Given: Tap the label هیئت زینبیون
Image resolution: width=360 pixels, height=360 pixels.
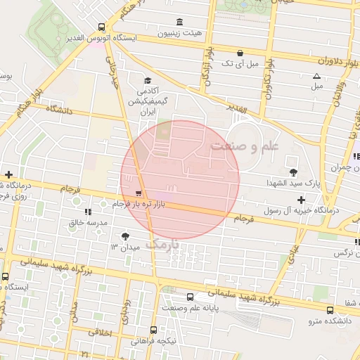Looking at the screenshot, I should pos(179,33).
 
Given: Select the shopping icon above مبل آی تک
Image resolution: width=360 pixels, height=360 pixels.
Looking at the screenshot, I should pos(240,53).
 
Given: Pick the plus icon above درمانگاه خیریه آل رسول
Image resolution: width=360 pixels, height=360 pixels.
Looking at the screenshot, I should pos(301,200).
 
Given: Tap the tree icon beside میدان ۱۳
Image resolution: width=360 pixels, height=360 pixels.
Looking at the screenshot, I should pos(125,236).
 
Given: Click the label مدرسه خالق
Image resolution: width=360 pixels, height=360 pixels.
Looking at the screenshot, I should pos(87,222).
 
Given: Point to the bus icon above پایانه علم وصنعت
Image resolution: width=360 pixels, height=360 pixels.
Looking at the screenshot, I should pos(190,297).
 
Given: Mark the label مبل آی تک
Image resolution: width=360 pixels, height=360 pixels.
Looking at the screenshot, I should pos(239,64).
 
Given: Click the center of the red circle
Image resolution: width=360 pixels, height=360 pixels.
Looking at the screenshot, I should pos(180,180).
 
